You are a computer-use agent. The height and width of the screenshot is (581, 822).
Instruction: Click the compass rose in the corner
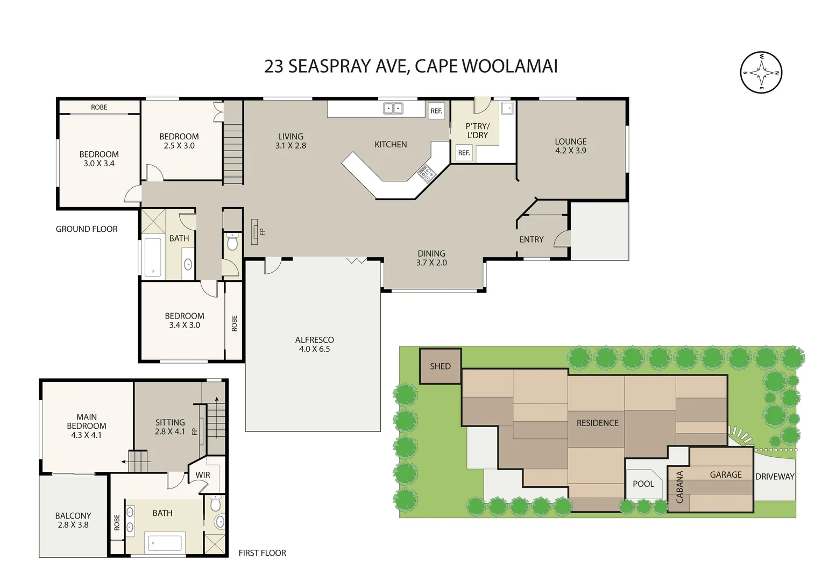[x=761, y=72]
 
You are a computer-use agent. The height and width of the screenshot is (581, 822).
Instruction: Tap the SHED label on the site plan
[x=440, y=366]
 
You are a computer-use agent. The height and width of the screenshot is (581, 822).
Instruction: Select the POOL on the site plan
[x=643, y=484]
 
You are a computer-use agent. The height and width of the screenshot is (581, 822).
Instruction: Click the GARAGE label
[x=725, y=474]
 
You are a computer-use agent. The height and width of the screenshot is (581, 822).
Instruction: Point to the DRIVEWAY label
[x=774, y=477]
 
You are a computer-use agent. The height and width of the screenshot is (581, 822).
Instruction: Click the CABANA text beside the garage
[x=679, y=487]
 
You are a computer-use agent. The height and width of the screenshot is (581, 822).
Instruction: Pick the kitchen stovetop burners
[x=426, y=173]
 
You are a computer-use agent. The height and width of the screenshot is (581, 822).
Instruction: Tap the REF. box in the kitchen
[x=436, y=111]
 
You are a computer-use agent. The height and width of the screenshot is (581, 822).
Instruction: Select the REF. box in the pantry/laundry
[x=464, y=153]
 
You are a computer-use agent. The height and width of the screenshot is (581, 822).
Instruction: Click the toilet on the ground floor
[x=232, y=243]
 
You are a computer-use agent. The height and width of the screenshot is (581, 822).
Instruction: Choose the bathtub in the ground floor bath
[x=153, y=258]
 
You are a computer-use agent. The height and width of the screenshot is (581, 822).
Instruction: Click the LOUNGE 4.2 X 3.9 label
[x=571, y=146]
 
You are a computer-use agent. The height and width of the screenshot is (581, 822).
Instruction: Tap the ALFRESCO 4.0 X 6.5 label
[x=314, y=344]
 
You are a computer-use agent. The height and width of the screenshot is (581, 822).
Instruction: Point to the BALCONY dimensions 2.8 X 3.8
[x=73, y=525]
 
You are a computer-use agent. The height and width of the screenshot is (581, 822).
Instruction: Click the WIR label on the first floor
[x=203, y=475]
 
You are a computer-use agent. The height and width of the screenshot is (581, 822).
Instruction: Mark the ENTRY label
[x=531, y=239]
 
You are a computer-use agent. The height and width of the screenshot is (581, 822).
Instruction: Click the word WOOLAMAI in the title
[x=509, y=66]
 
